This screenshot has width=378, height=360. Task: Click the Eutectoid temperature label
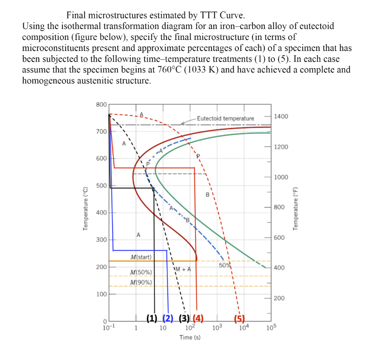coord(226,119)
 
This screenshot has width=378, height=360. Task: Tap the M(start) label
coord(141,257)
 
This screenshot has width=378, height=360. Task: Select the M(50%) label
coord(141,272)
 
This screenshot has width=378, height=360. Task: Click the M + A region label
coord(183,269)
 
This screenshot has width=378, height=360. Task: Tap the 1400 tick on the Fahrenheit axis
coord(281,117)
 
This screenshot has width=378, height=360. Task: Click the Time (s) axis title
coord(190,337)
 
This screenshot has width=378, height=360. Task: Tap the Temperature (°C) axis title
coord(86,209)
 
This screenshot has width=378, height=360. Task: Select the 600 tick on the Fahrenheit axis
coord(279,238)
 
